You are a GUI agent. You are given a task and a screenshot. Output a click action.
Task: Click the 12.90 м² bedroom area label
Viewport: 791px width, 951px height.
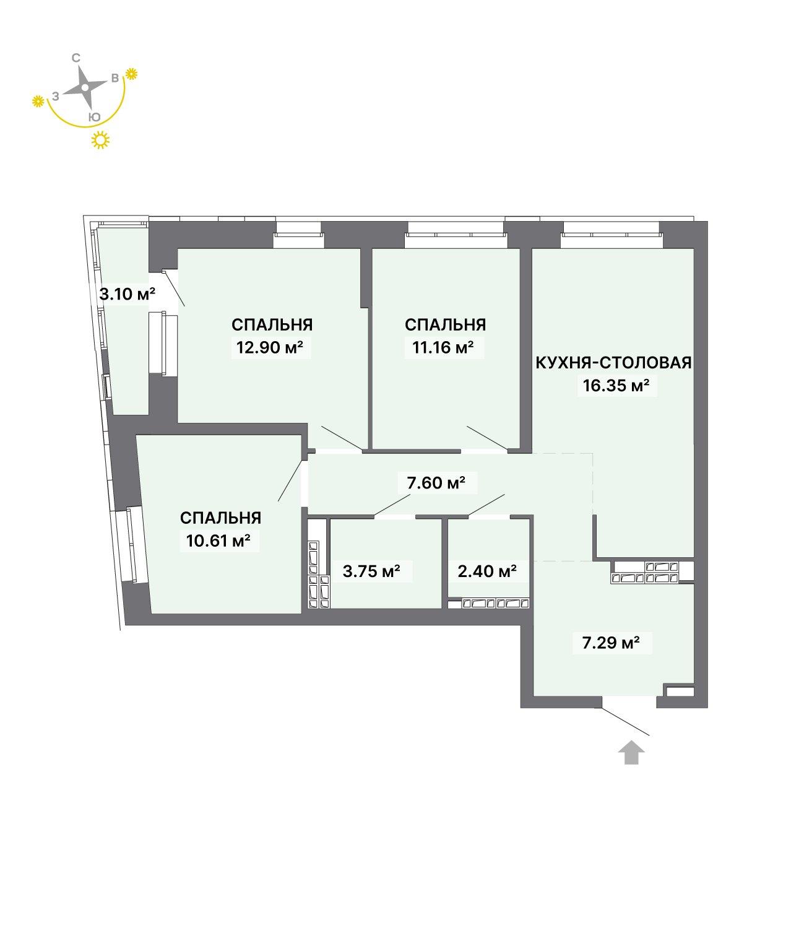click(x=270, y=347)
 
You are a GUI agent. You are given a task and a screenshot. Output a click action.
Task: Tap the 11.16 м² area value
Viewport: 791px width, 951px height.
click(x=443, y=347)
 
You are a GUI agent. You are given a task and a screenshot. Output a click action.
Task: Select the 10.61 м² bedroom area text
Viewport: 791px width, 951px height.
click(x=218, y=541)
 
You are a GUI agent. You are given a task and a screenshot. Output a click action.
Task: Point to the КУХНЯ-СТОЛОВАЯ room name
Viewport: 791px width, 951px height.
click(x=613, y=363)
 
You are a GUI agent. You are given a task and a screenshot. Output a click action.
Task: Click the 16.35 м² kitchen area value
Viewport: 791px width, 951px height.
click(x=616, y=385)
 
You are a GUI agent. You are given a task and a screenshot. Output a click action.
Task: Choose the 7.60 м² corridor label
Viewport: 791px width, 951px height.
click(x=436, y=482)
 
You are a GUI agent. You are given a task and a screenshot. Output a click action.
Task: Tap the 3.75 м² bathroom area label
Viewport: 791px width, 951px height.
click(x=371, y=571)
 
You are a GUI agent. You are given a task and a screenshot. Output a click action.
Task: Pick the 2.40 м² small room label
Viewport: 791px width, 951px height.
click(x=487, y=571)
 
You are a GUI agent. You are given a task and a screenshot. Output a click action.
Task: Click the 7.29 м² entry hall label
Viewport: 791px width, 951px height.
click(x=611, y=643)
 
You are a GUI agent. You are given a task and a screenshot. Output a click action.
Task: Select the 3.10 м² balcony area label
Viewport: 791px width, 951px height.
click(x=127, y=293)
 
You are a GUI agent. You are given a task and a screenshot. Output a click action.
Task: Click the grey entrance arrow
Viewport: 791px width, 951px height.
click(x=631, y=752)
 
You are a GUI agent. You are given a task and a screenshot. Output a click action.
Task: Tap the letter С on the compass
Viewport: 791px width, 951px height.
click(x=76, y=58)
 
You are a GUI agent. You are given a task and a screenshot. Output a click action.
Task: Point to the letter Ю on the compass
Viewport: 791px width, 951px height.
click(x=94, y=117)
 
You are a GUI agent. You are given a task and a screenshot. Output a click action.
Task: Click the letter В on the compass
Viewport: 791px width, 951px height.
click(x=115, y=78)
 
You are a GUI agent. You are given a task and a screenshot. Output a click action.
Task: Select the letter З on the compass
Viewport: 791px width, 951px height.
click(x=56, y=96)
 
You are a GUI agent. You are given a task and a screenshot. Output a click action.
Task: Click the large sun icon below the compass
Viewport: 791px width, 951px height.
click(x=100, y=140)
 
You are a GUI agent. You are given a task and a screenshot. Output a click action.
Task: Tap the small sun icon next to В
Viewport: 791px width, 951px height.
click(x=131, y=74)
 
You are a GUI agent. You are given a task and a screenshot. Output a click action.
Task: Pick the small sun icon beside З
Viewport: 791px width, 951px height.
click(x=38, y=101)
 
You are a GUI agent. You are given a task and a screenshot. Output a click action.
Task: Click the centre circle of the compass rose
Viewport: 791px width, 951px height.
click(x=85, y=87)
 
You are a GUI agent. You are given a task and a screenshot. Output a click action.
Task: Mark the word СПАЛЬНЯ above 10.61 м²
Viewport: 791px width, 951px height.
click(x=220, y=518)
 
